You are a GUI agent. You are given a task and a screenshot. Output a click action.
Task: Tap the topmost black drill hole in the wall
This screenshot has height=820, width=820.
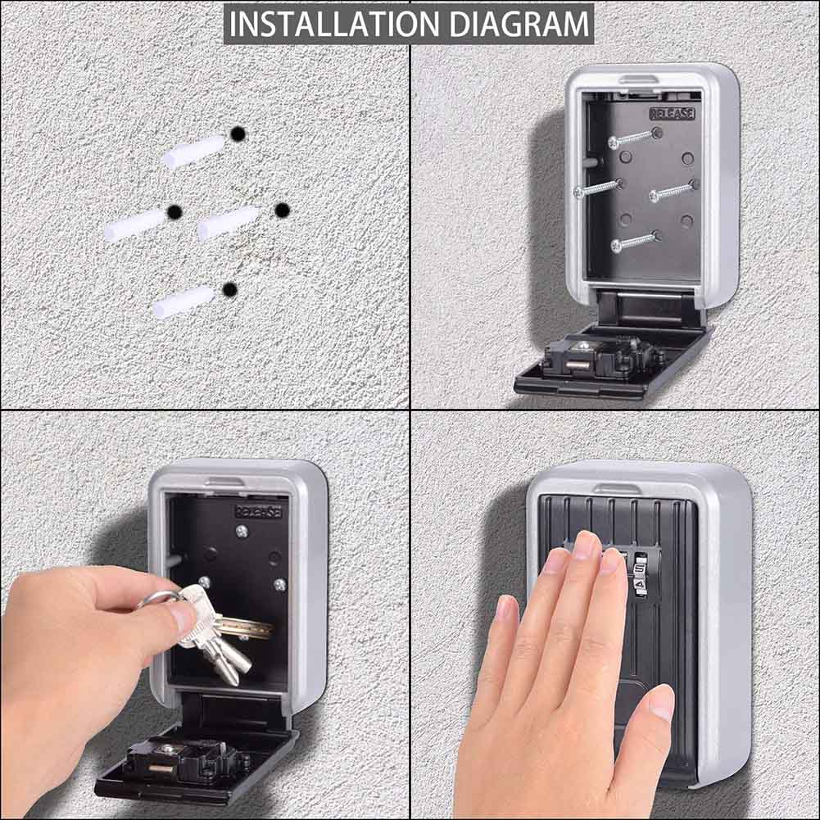pyautogui.click(x=238, y=134)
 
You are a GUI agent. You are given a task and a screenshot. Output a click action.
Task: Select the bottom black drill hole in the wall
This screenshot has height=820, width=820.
pyautogui.click(x=230, y=289)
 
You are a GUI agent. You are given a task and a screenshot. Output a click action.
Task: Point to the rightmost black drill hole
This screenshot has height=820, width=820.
pyautogui.click(x=282, y=211)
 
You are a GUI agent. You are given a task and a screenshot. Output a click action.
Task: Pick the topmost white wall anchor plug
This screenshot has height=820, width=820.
pyautogui.click(x=193, y=152)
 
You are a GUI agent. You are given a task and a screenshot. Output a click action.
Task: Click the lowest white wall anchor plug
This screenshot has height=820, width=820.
pyautogui.click(x=183, y=301)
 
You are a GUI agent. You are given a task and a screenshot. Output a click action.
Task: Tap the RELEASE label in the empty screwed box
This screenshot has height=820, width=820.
pyautogui.click(x=671, y=113)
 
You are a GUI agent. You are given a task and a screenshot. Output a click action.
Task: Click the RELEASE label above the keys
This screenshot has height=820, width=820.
pyautogui.click(x=258, y=511)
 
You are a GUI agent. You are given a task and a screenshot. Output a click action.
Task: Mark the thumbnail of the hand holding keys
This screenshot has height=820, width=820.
pyautogui.click(x=182, y=616)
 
